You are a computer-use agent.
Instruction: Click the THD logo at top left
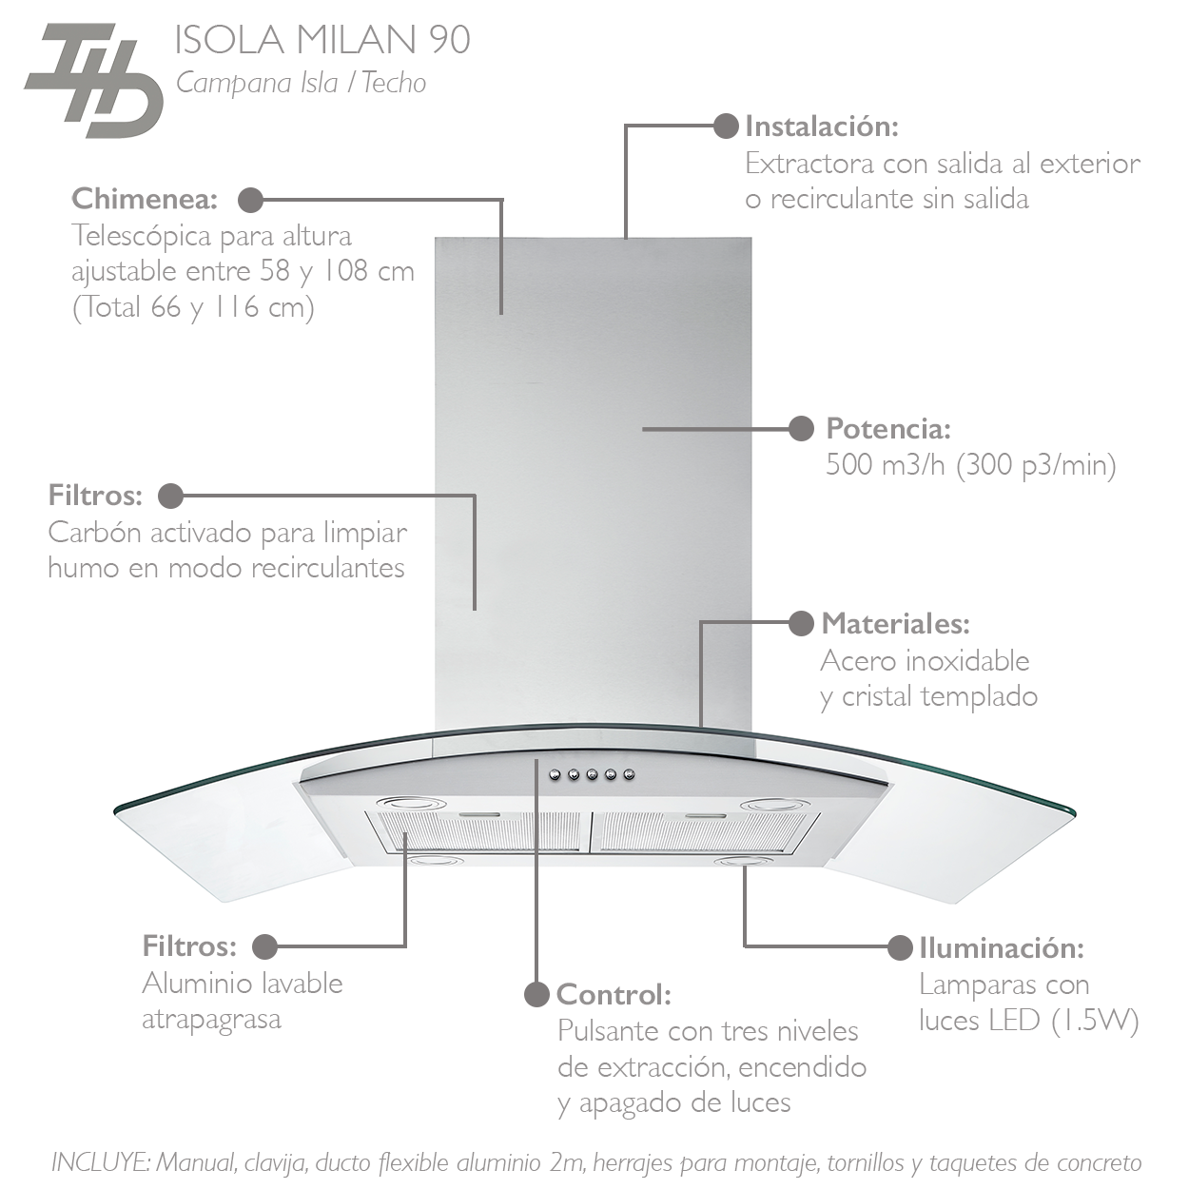(92, 81)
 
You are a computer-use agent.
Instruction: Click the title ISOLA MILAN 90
(322, 40)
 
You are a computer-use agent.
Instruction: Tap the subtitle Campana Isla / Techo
(301, 83)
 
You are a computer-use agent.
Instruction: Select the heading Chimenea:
(145, 199)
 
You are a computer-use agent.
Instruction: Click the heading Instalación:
(822, 126)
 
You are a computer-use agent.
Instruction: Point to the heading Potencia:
(888, 428)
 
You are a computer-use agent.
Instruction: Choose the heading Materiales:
(895, 624)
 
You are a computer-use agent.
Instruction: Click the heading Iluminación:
(1002, 947)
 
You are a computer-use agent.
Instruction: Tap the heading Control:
(614, 994)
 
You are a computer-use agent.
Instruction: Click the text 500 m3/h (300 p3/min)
(970, 465)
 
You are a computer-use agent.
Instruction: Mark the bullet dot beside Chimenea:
(250, 200)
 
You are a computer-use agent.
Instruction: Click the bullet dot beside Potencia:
(802, 429)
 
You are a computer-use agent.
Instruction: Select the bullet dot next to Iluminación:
(900, 947)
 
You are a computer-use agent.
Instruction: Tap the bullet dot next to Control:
(537, 994)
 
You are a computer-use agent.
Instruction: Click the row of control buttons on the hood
(591, 775)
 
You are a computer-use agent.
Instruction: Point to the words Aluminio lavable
(243, 983)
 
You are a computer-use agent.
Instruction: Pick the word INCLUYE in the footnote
(99, 1162)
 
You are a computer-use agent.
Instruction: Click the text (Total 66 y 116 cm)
(194, 307)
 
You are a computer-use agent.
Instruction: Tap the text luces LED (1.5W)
(1028, 1021)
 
